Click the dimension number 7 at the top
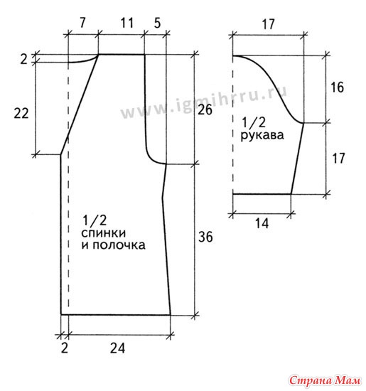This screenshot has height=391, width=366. (82, 23)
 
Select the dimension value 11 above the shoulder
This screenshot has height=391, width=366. (127, 23)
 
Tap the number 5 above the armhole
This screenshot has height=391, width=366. (157, 23)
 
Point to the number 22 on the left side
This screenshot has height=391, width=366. (21, 114)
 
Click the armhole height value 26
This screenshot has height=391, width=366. (205, 109)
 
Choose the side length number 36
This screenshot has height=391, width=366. (205, 237)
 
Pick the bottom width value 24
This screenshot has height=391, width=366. (117, 348)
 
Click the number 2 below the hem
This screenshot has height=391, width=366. (65, 348)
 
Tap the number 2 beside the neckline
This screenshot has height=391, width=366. (23, 59)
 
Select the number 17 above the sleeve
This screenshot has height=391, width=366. (268, 24)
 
